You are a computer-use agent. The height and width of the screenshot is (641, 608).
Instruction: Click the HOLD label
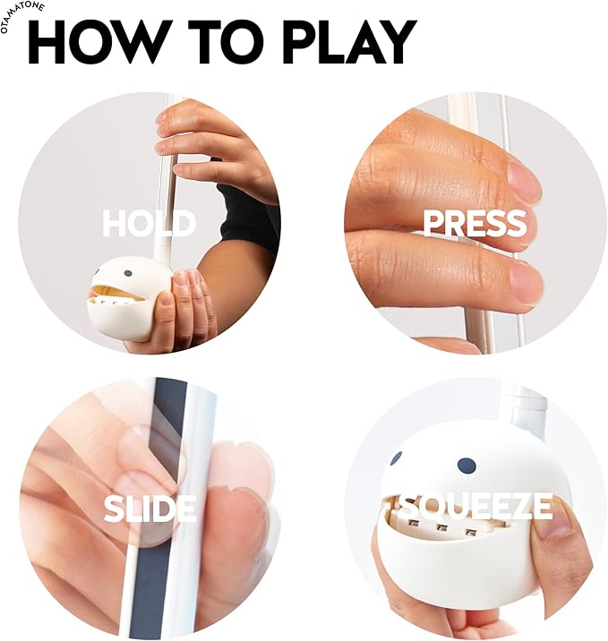tap(149, 223)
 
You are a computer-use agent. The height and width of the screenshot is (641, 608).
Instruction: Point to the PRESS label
tap(475, 223)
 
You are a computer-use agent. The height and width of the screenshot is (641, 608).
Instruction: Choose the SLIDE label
tap(150, 509)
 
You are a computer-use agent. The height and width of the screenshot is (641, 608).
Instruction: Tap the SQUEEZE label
tap(475, 506)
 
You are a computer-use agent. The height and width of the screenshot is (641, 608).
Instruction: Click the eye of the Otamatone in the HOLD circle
tap(128, 273)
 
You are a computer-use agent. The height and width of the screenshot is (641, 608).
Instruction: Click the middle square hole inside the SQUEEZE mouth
tap(441, 528)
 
